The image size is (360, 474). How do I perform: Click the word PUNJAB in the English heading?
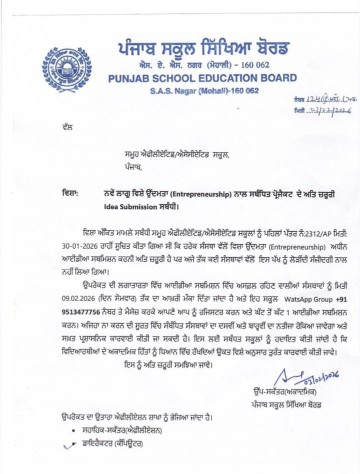click(x=129, y=78)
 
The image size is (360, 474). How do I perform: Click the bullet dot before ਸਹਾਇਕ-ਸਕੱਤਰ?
click(x=73, y=431)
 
